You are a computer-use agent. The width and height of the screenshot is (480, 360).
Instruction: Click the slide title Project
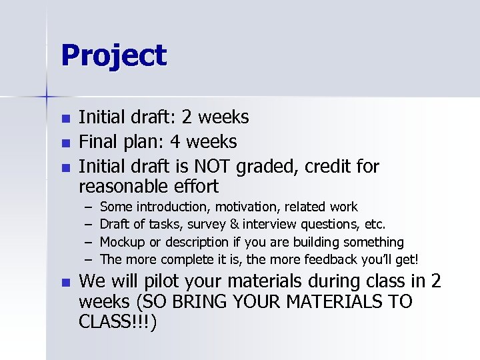click(x=113, y=56)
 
